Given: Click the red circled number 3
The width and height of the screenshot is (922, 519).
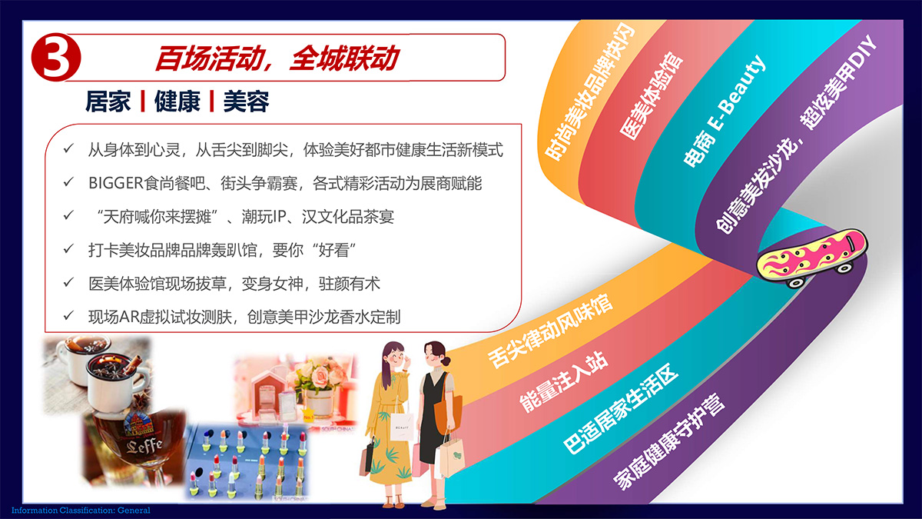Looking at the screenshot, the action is point(56,57).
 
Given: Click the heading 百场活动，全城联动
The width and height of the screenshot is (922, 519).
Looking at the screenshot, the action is point(277,58).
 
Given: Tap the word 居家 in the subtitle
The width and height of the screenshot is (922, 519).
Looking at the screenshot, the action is point(108,101).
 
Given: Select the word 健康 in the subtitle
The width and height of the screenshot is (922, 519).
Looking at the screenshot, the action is point(177,101).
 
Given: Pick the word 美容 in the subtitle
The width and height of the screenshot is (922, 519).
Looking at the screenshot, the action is point(246,101).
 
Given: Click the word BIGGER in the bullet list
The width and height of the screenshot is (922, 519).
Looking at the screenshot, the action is point(116,183).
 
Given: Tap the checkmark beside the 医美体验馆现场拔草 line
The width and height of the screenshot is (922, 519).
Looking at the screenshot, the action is point(68,283).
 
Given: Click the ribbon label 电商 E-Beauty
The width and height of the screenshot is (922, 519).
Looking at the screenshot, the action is point(725,111).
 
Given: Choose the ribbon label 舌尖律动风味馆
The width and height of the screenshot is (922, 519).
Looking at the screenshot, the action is point(550,331).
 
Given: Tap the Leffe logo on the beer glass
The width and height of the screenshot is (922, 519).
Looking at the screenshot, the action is point(144,446).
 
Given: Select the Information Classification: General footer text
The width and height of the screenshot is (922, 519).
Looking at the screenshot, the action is point(81,511).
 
